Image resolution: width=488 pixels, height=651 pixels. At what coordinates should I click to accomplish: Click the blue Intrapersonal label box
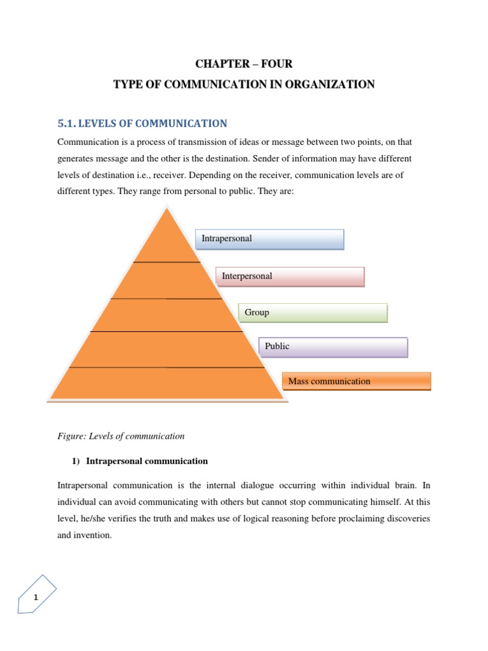269,239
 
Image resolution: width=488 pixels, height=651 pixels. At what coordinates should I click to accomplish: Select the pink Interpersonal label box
290,277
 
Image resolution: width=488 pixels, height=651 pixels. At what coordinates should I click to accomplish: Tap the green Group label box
313,313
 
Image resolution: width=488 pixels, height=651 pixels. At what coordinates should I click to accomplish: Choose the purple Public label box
333,347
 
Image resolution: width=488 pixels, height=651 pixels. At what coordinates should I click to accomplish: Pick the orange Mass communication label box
356,381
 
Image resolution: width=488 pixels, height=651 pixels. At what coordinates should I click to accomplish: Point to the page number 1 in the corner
36,597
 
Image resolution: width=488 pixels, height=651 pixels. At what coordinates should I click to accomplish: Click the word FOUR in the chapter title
276,64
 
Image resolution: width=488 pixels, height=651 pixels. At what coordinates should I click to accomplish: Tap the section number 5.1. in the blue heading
69,123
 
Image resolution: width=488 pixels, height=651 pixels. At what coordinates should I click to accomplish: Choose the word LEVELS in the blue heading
107,123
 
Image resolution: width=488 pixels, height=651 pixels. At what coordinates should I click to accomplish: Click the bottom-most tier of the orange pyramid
168,383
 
